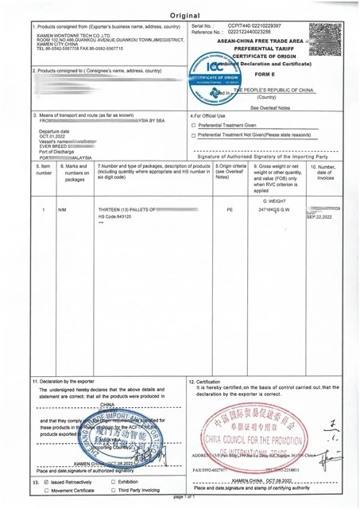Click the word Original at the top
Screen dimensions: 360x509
[182, 15]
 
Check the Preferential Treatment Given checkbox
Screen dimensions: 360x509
[194, 126]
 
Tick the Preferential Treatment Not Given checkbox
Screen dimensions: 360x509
[194, 135]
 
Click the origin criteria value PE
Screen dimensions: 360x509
[230, 209]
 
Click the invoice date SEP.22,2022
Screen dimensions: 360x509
[321, 216]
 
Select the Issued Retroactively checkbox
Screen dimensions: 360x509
[46, 482]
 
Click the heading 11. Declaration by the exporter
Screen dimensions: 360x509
[64, 382]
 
